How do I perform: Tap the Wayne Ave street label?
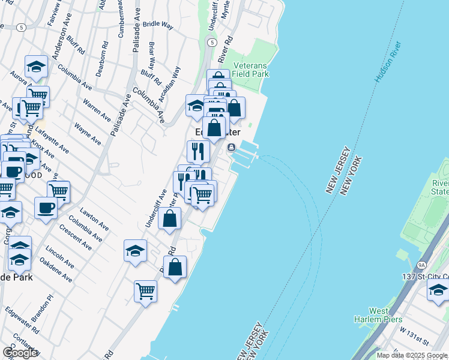(87, 134)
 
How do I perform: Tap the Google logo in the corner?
(20, 353)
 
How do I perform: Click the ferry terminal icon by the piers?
(231, 148)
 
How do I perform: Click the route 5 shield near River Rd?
(211, 43)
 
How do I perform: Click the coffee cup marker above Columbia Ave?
(46, 208)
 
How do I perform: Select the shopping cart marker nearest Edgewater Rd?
(145, 292)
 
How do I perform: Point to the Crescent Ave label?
(75, 238)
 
